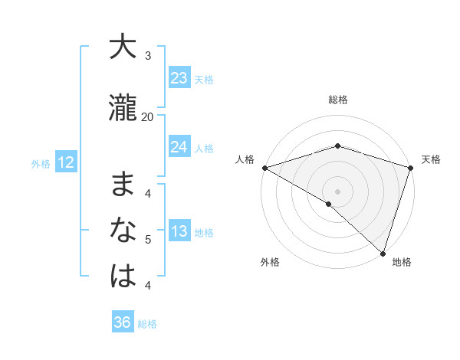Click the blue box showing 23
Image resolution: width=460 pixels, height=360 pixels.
coord(179,78)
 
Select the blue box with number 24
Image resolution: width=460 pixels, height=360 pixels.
coord(179,147)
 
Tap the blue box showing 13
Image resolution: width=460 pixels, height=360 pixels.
coord(179,232)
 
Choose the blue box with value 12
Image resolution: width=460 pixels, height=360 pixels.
coord(66,162)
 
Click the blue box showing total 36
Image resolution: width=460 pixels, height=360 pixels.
coord(123,322)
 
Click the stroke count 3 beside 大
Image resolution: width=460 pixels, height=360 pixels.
coord(148,56)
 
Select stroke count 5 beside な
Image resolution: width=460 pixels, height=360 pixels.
coord(148,240)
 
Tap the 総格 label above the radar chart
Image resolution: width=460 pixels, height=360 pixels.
coord(338,100)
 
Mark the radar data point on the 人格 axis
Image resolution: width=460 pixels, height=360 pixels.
coord(264,168)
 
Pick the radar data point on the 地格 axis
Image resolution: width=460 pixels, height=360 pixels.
coord(383,253)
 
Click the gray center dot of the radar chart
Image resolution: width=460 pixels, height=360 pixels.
coord(337,191)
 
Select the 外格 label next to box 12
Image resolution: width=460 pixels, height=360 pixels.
coord(41,163)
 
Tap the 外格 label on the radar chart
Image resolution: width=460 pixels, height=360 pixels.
coord(270,263)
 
